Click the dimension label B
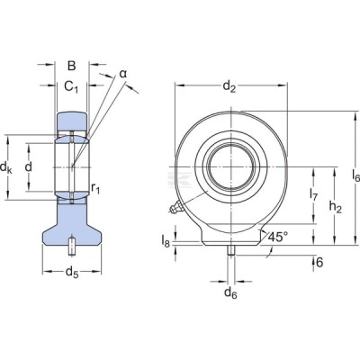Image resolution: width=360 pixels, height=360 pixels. pos(71,66)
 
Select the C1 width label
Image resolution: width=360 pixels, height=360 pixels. pos(71,86)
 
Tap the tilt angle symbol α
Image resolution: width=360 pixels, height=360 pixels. pos(123,74)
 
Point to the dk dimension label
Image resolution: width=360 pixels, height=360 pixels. pos(6,167)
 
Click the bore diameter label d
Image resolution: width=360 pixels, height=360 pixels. pos(29,166)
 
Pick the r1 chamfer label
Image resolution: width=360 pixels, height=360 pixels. pos(95,188)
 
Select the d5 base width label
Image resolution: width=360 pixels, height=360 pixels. pos(72,273)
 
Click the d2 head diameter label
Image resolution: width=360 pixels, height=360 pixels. pos(229,86)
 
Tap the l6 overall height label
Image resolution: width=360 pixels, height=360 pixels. pos(355,175)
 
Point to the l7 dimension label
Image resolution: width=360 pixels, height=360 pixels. pos(313,193)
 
